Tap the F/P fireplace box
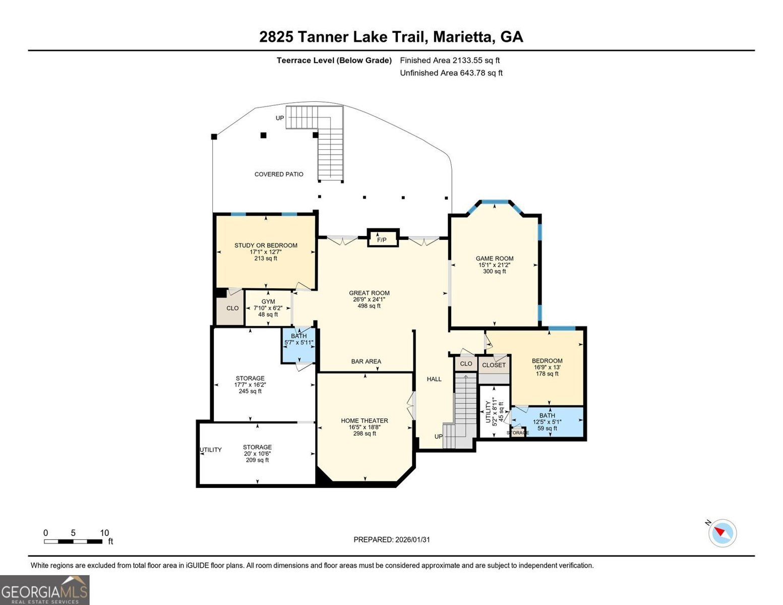[382, 239]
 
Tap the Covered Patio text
[279, 174]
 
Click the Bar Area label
[366, 361]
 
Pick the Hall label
[434, 379]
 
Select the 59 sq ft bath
[547, 422]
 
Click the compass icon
[722, 533]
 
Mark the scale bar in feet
[74, 541]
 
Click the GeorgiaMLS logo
[44, 590]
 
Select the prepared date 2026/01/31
[392, 539]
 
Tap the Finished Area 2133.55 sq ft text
[450, 60]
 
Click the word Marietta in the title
[463, 37]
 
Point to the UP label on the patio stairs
[280, 118]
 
